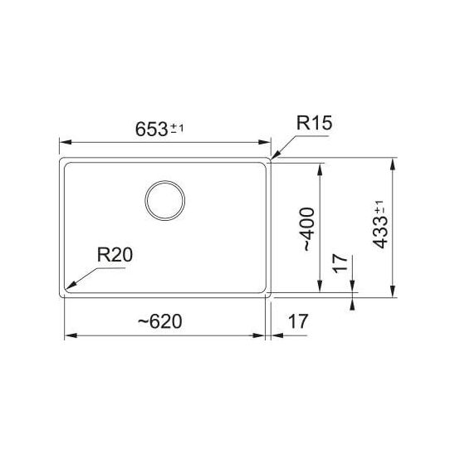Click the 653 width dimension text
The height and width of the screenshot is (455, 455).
coord(151,130)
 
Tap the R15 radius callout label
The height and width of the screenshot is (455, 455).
coord(314,123)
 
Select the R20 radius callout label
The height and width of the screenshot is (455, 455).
coord(115,255)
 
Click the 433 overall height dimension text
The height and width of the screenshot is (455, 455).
coord(380,232)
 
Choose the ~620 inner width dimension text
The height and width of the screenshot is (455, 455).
coord(160,321)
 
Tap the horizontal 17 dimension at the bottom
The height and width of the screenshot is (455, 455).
coord(298,321)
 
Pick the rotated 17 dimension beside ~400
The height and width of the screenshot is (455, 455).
coord(340,263)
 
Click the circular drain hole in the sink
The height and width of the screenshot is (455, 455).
coord(165,200)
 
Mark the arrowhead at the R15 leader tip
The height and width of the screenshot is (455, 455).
coord(275,154)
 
